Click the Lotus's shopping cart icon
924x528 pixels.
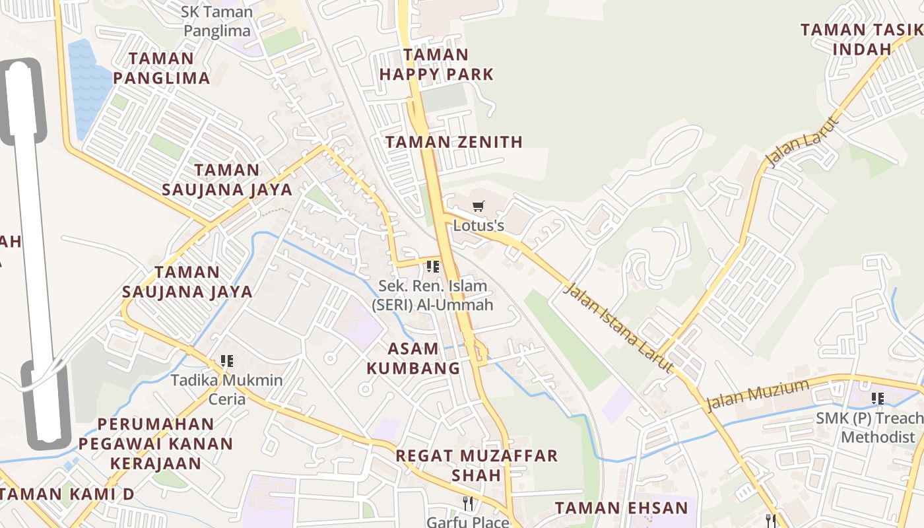(x=478, y=205)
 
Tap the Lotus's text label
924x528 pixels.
(x=478, y=226)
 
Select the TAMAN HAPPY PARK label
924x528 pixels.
(x=436, y=65)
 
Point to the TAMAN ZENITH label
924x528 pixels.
(x=454, y=142)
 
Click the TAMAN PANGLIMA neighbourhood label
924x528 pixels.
(x=162, y=68)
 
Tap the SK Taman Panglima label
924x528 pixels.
(x=218, y=21)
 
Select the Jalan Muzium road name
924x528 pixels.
(x=758, y=394)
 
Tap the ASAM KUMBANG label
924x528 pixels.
(x=413, y=358)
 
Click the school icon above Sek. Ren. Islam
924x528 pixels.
(x=433, y=267)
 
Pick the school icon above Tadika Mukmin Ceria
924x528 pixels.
(x=227, y=361)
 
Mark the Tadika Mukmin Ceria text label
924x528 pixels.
(x=227, y=389)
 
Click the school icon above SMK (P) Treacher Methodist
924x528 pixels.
(x=878, y=398)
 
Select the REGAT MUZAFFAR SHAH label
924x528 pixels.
(x=477, y=465)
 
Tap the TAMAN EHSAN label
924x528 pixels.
(x=621, y=508)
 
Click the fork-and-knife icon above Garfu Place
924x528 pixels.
(x=468, y=504)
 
